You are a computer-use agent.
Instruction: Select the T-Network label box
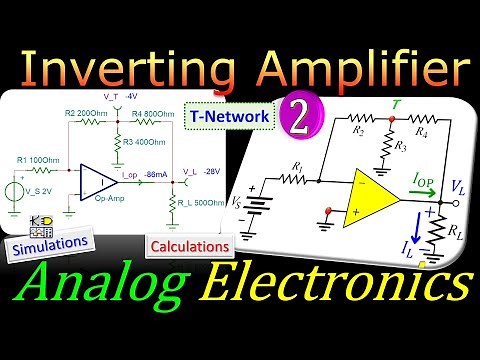click(x=228, y=117)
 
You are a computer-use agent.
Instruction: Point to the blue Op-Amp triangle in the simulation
click(x=101, y=181)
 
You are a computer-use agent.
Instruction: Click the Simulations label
click(x=49, y=242)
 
